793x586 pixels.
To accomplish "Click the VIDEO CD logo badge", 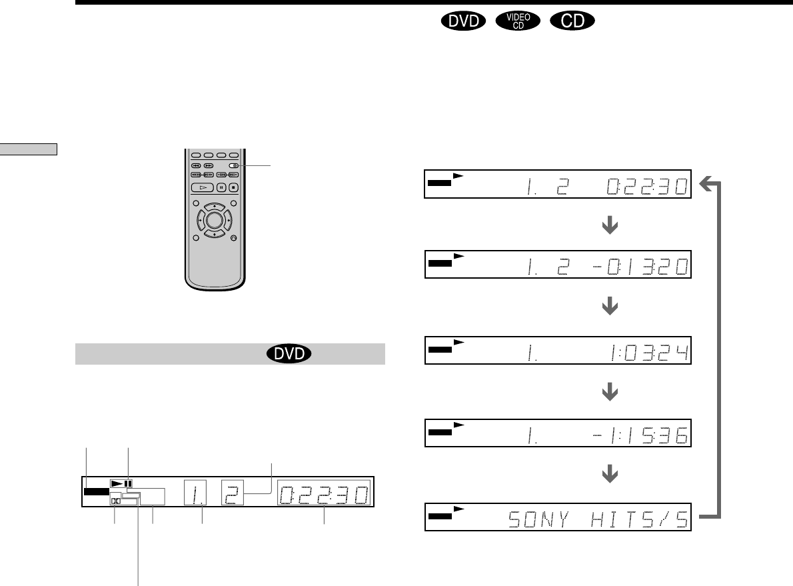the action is coord(518,21).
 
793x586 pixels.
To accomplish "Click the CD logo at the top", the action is coord(572,21).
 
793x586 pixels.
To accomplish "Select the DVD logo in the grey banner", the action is coord(289,353).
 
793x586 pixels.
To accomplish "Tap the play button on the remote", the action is coord(203,187).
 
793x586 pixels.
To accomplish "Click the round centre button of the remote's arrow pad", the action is coord(215,220).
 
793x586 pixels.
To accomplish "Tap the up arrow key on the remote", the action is coord(215,207).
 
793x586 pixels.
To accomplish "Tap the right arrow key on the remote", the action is coord(228,220).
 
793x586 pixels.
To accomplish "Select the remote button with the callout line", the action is coord(233,165).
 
